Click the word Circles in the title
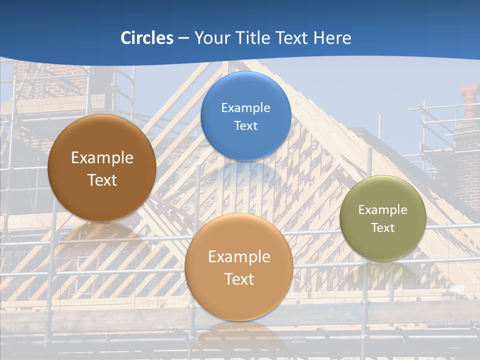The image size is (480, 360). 147,38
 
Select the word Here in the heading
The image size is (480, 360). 332,38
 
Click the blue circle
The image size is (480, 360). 245,145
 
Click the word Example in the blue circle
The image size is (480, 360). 245,107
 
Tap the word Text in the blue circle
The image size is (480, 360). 245,125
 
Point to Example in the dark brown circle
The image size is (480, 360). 102,157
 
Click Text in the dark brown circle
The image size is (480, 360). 102,180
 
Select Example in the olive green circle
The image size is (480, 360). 383,209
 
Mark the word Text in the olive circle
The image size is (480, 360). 383,227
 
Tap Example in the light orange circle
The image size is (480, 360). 239,256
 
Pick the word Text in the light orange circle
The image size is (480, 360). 239,279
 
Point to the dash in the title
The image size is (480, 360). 183,38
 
